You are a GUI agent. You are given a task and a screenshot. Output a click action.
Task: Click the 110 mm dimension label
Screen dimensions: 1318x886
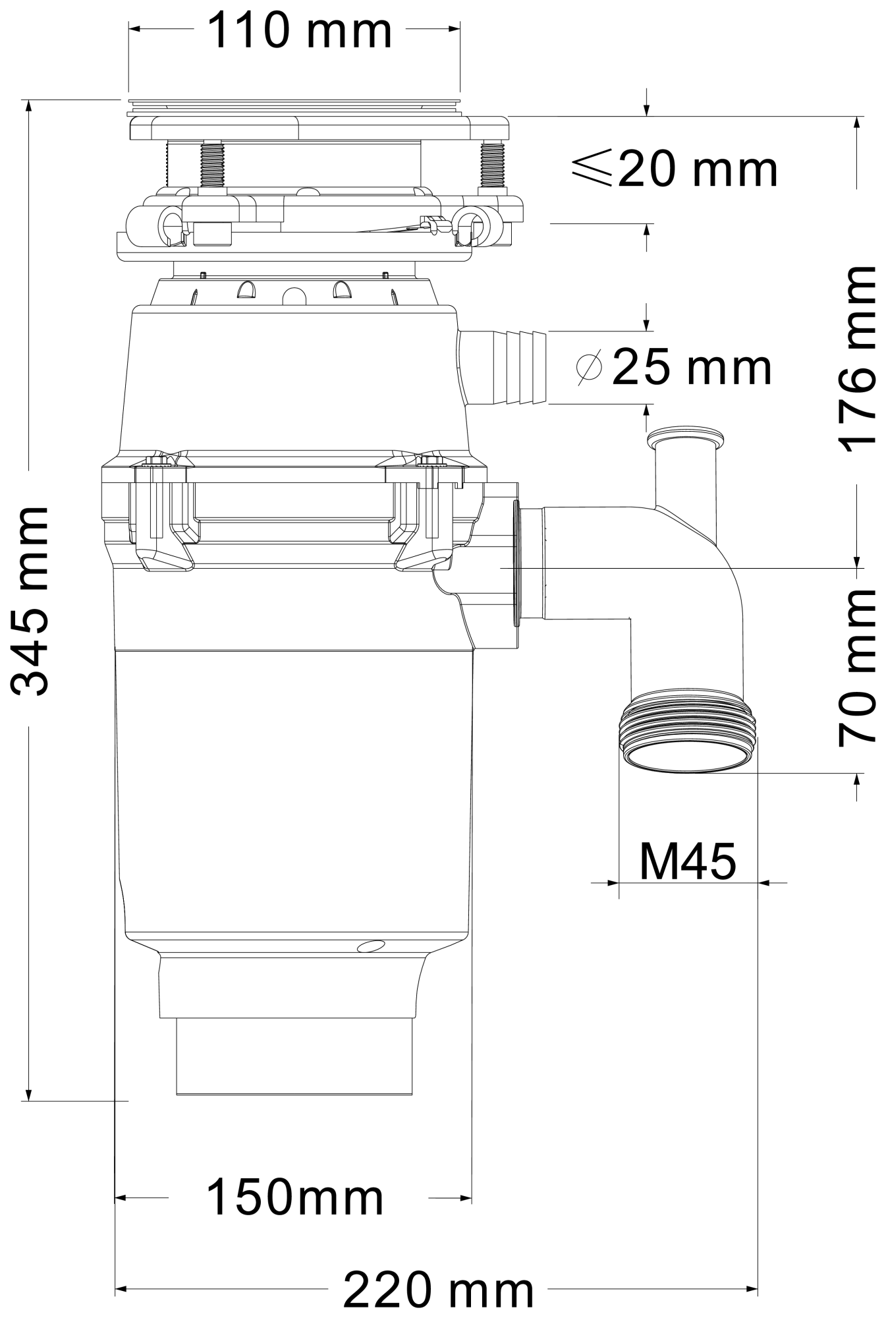[x=300, y=31]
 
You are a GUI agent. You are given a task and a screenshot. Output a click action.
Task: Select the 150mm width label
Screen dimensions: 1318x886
[x=294, y=1197]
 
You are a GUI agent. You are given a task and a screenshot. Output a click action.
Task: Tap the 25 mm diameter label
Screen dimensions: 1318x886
[x=692, y=366]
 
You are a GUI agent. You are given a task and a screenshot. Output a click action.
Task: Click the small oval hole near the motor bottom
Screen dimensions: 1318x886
[x=370, y=946]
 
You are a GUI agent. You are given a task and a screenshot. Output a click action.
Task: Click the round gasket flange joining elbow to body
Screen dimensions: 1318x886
[x=516, y=563]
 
